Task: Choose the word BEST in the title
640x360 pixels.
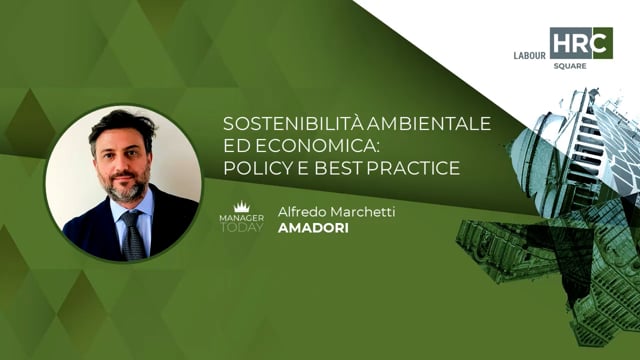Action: click(x=338, y=167)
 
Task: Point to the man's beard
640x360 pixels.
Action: click(x=126, y=188)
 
